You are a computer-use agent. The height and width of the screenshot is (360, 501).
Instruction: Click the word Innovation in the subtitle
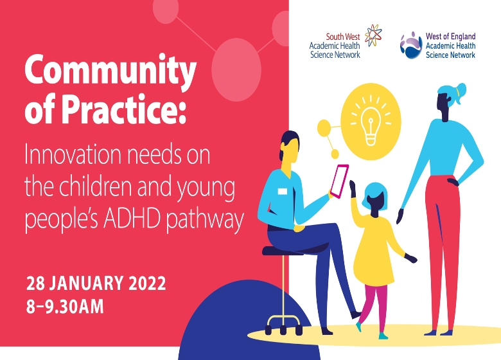[x=73, y=154]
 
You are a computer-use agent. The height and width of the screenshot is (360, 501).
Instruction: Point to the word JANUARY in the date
[x=86, y=283]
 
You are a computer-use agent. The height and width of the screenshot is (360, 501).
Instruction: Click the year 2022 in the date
[x=147, y=283]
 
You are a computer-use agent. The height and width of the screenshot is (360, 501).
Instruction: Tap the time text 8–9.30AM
[x=65, y=306]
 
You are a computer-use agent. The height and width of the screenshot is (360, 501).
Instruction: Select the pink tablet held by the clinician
[x=339, y=181]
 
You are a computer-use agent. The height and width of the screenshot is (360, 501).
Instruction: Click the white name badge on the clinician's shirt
[x=283, y=191]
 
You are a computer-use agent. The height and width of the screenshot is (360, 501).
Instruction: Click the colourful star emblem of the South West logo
[x=373, y=35]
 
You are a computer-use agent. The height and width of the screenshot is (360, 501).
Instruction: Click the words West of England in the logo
[x=450, y=36]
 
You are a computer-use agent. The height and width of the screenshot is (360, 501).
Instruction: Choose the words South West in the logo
[x=343, y=37]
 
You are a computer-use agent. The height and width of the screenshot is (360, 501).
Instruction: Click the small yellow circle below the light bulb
[x=335, y=154]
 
